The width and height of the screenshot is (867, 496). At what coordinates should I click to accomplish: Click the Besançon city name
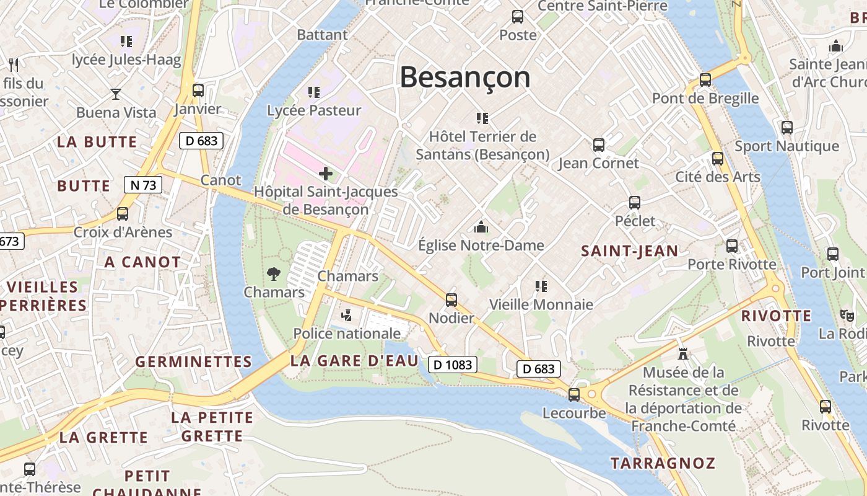click(x=465, y=77)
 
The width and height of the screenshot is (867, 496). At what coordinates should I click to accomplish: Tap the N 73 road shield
click(x=143, y=184)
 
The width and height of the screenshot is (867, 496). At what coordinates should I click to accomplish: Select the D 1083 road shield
click(x=453, y=365)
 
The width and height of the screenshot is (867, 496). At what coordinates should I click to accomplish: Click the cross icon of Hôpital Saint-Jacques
click(x=326, y=174)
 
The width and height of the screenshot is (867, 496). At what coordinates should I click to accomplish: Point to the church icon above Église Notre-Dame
click(x=481, y=227)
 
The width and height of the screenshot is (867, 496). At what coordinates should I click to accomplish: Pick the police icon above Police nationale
click(x=346, y=315)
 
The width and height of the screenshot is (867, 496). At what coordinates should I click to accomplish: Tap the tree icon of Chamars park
click(x=273, y=273)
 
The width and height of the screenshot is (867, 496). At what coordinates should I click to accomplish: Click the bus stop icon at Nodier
click(x=451, y=300)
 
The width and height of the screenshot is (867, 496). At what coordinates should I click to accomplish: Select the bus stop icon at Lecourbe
click(x=574, y=394)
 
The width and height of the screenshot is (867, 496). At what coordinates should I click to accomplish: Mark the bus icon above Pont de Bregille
click(x=705, y=80)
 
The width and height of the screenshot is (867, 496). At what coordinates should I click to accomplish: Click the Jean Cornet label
click(x=598, y=163)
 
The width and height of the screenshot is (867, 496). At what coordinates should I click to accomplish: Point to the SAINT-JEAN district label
click(x=629, y=251)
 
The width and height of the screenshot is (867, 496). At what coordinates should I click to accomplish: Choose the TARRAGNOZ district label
click(x=663, y=463)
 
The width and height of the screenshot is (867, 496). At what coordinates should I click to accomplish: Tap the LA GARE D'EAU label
click(x=354, y=361)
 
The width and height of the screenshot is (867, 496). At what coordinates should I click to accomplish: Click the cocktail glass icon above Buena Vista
click(x=116, y=94)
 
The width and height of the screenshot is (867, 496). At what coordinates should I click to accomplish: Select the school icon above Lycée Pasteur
click(x=314, y=92)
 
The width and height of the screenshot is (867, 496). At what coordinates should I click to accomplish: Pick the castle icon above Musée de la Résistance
click(x=683, y=354)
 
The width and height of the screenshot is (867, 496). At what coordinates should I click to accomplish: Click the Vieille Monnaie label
click(x=541, y=304)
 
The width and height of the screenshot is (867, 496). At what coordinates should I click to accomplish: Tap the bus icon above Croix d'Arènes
click(x=123, y=214)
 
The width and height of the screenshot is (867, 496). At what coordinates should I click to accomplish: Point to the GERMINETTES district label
click(x=193, y=361)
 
